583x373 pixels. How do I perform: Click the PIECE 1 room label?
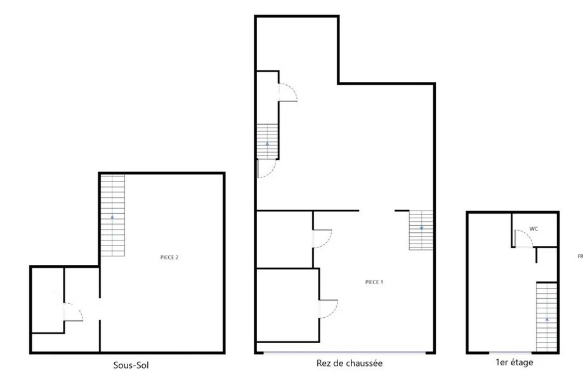click(x=374, y=282)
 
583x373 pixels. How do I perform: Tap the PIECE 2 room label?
click(x=169, y=258)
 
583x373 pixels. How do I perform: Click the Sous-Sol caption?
click(x=131, y=365)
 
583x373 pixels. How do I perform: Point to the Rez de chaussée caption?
click(x=349, y=363)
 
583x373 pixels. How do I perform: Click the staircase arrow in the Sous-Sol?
click(x=112, y=217)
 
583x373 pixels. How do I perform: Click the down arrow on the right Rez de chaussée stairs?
click(x=421, y=228)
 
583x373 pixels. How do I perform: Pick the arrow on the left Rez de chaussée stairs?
click(x=268, y=145)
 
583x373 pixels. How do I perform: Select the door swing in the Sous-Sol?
click(x=74, y=313)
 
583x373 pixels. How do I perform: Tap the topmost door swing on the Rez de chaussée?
click(x=288, y=93)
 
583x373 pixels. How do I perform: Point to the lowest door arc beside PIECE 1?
click(x=329, y=309)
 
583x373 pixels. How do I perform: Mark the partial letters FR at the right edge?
click(x=580, y=257)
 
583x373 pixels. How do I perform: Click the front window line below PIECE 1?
click(x=345, y=352)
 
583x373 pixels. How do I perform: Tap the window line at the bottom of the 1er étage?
click(x=511, y=352)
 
